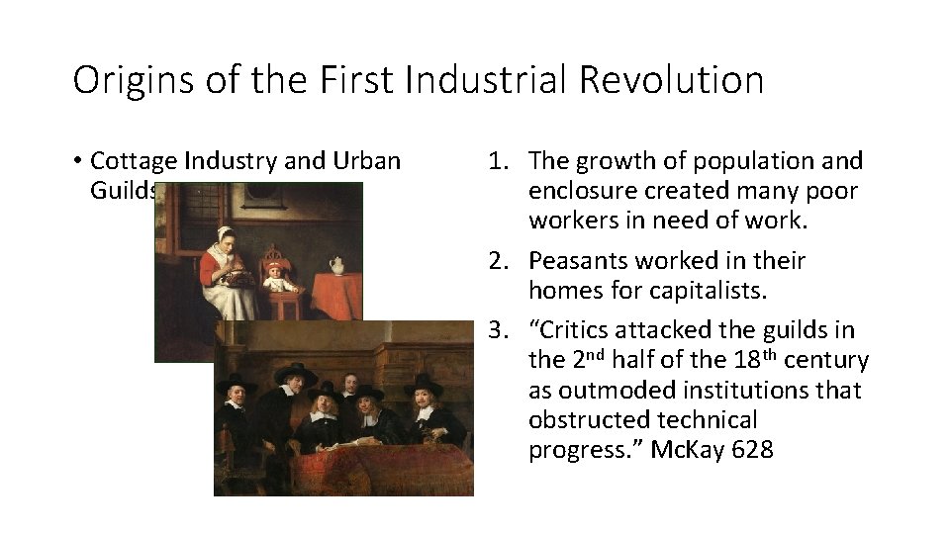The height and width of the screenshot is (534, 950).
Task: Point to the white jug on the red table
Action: coord(336,266)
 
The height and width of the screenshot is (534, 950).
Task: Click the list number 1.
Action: coord(499,160)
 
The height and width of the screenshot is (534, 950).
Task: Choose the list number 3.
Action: coord(499,329)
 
